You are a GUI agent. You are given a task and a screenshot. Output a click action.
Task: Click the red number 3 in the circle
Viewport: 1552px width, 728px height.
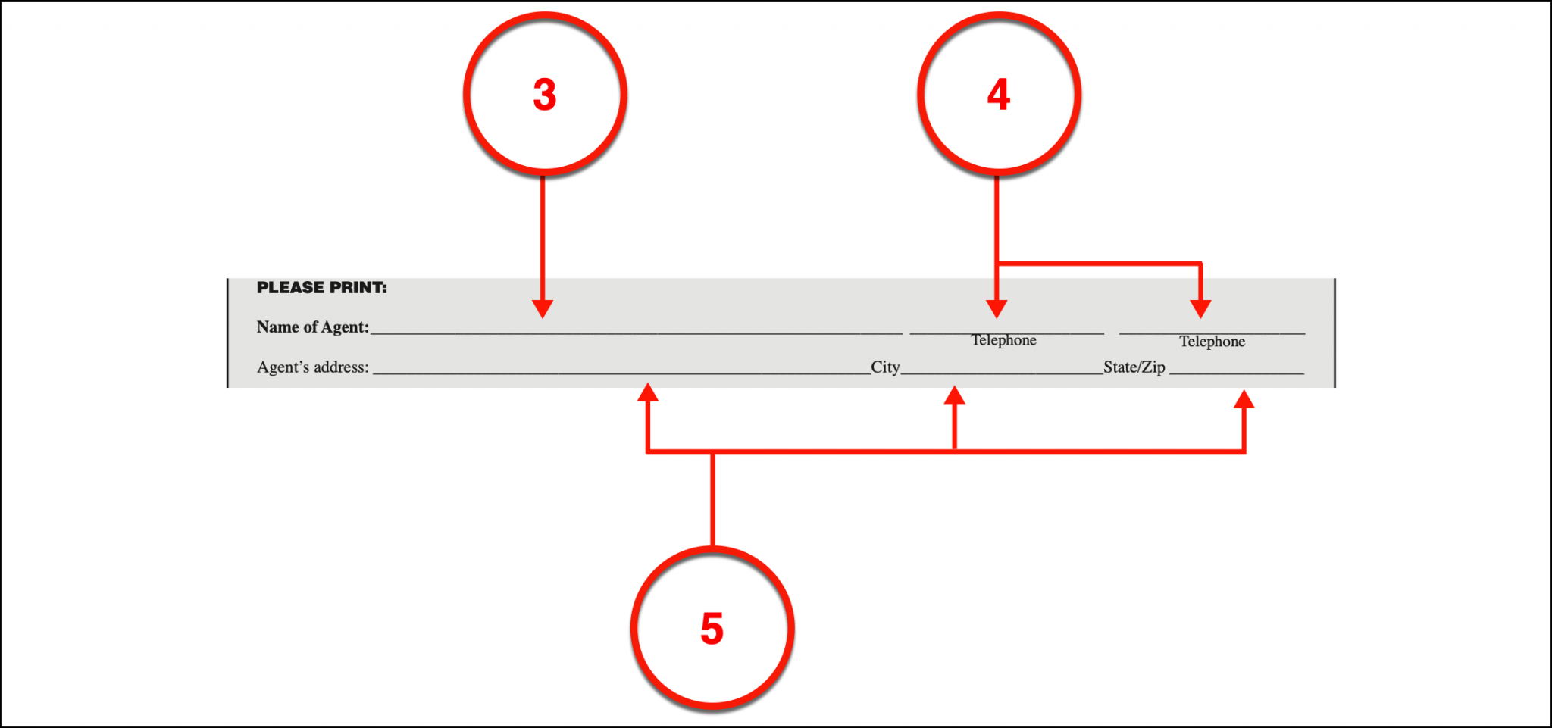pos(545,95)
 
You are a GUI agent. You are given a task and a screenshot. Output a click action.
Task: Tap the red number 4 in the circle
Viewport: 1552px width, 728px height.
pos(999,95)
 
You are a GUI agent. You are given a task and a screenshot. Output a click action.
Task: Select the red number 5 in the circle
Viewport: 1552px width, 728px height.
pos(712,629)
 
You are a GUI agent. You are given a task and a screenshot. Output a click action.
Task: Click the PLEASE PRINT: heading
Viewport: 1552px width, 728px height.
pos(321,288)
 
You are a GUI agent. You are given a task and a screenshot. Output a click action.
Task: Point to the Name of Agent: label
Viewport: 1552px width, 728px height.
pos(313,327)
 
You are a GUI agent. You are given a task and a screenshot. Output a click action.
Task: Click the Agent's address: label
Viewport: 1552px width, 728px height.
pos(313,367)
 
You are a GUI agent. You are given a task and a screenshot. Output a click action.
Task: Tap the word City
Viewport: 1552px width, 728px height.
pos(885,367)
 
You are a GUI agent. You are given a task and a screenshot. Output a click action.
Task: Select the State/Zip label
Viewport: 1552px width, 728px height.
pos(1134,367)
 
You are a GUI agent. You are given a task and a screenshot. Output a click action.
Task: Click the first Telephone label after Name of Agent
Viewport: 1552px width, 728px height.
pos(1004,340)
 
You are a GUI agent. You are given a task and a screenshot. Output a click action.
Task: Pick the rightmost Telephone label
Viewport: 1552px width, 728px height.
pos(1212,342)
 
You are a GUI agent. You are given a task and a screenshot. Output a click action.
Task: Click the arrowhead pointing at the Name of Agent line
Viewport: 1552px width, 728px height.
pos(543,308)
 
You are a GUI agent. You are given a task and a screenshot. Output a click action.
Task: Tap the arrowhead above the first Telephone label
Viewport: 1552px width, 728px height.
pos(997,308)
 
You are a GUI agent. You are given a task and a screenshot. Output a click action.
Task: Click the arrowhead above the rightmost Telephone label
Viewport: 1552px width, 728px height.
pos(1200,308)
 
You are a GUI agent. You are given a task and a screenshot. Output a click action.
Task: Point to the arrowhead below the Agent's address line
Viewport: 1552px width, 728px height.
pos(647,392)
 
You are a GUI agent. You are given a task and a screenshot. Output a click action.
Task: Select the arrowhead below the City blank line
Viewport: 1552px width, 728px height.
pos(954,395)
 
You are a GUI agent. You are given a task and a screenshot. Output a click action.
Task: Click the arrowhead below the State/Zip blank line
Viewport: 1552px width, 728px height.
pos(1244,398)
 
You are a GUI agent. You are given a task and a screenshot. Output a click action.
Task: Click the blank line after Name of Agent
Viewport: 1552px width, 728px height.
pos(637,333)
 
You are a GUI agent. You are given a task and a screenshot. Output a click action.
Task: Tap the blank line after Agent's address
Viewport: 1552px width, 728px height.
pos(622,373)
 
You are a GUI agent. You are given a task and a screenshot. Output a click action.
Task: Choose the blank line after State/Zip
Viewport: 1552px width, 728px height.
pos(1237,373)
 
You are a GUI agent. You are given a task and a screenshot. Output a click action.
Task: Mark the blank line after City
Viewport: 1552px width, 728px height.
pos(1002,373)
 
